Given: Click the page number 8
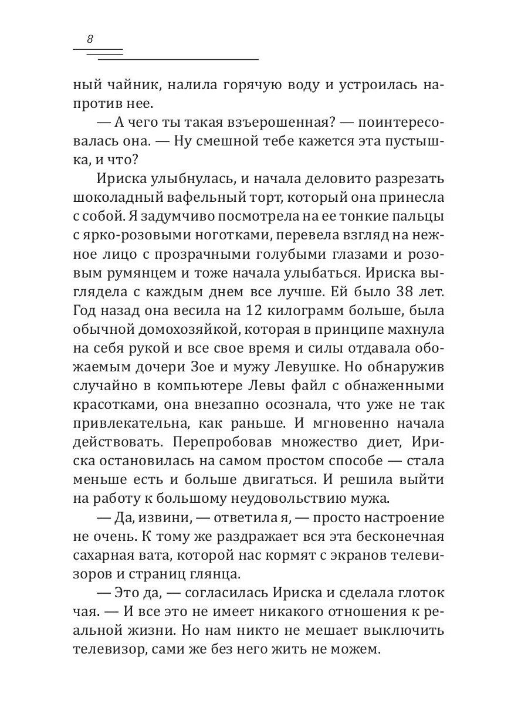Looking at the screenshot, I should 90,40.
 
